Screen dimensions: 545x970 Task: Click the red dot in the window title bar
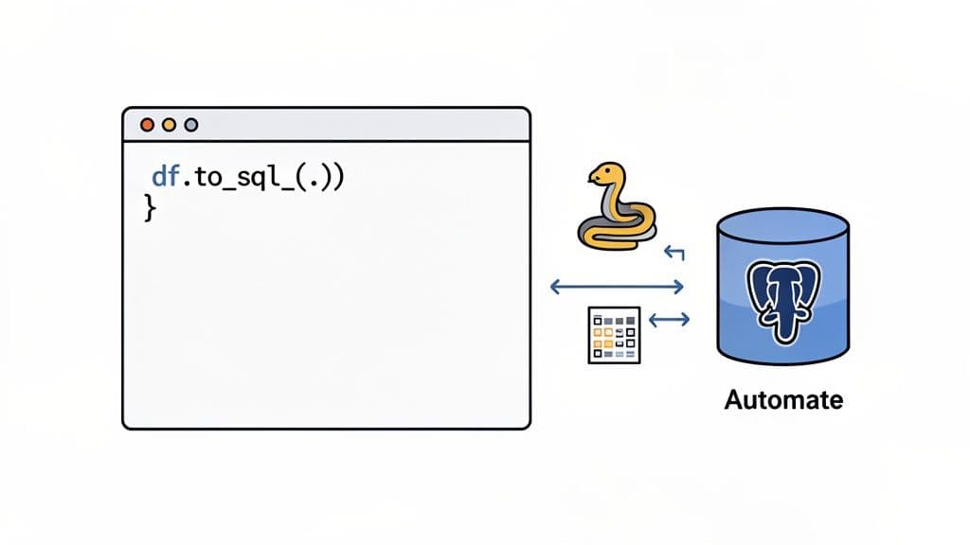[x=147, y=125]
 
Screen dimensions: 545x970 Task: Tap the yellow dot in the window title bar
[x=170, y=125]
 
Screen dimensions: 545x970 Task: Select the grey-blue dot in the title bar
[x=191, y=125]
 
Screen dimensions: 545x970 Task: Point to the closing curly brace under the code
[x=148, y=208]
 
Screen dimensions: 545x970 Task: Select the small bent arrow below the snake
[x=674, y=252]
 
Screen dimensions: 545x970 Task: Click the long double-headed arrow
[x=618, y=286]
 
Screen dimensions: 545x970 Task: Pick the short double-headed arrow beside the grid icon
[x=669, y=320]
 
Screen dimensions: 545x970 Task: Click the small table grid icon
[x=614, y=335]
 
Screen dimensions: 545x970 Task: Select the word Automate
[x=782, y=399]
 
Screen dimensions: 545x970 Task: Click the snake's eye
[x=602, y=172]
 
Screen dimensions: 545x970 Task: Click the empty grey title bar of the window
[x=360, y=125]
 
